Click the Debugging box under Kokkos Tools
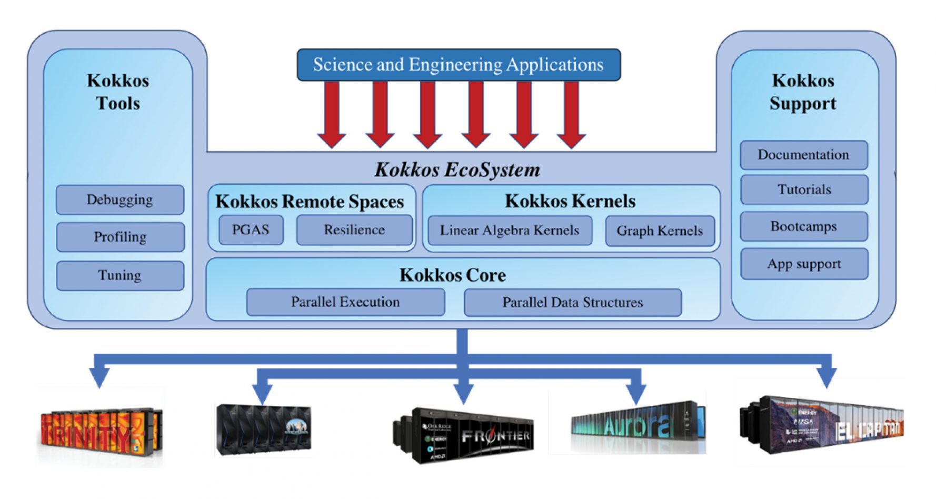(x=120, y=199)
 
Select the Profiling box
(x=120, y=237)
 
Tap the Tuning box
(x=120, y=275)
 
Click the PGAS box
(x=251, y=230)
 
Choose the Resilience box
(x=354, y=230)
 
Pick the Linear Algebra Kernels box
(x=510, y=231)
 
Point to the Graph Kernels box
(x=660, y=231)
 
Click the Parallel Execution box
(x=345, y=302)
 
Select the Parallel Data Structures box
(x=573, y=303)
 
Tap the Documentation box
(x=803, y=155)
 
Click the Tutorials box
(x=804, y=189)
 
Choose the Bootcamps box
(x=803, y=226)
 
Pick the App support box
(x=804, y=264)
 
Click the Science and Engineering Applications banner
(x=459, y=65)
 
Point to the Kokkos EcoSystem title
(x=457, y=170)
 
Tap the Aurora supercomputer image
(x=637, y=426)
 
